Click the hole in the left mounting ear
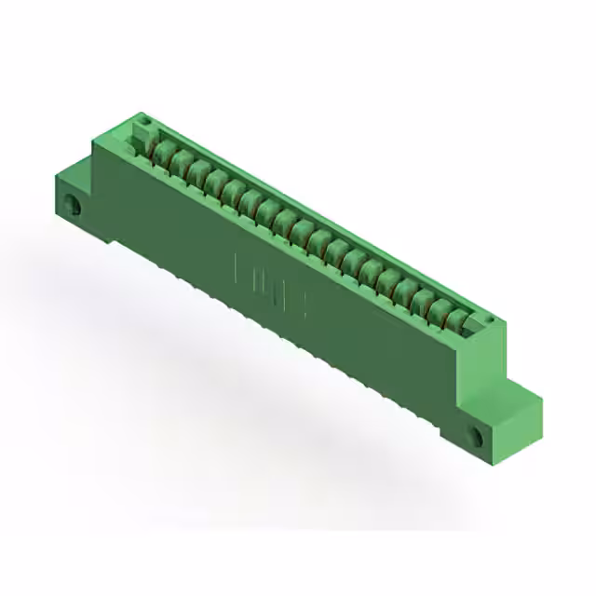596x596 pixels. pos(79,209)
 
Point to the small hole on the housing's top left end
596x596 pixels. pos(143,118)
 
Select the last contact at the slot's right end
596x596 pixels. pos(456,319)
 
